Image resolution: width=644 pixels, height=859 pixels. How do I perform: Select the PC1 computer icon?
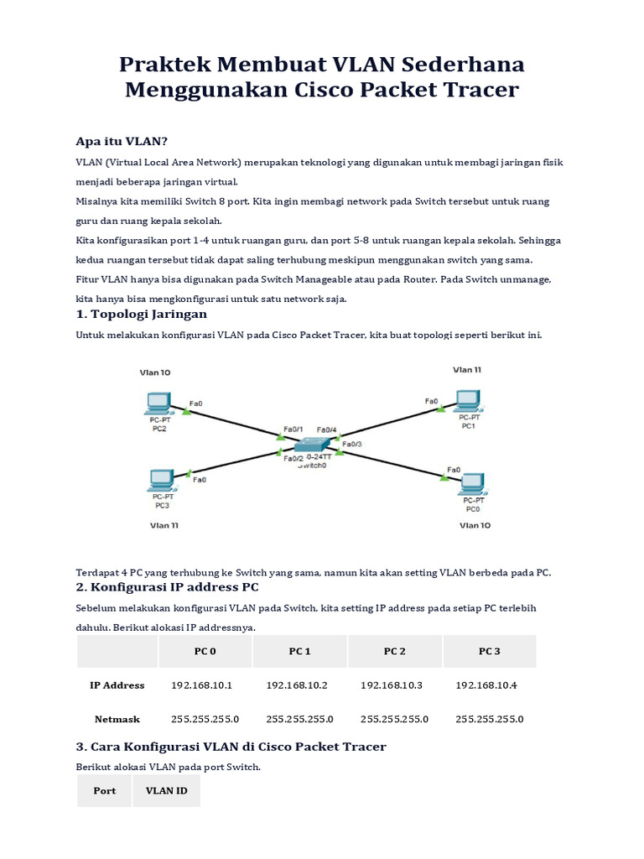(468, 400)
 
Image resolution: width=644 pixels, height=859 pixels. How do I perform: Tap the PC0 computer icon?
(475, 482)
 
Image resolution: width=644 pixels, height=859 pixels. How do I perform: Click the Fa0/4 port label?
(327, 429)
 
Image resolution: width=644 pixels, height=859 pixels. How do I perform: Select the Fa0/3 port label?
(352, 443)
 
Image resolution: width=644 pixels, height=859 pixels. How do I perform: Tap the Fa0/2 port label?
(293, 458)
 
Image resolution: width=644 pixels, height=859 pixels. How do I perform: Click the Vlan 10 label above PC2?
(155, 372)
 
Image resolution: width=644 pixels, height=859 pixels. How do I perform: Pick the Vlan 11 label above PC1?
(467, 369)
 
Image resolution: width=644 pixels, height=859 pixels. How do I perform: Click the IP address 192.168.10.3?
(392, 685)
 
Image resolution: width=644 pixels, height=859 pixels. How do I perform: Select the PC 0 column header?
(205, 651)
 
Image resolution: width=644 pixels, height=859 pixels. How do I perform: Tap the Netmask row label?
(117, 719)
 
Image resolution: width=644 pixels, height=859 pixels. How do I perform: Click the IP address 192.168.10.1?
(201, 685)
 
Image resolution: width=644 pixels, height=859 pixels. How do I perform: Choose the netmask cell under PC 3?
(489, 719)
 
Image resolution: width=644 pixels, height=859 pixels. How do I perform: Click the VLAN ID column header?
(166, 790)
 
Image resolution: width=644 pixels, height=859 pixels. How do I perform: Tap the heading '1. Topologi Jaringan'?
(141, 314)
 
